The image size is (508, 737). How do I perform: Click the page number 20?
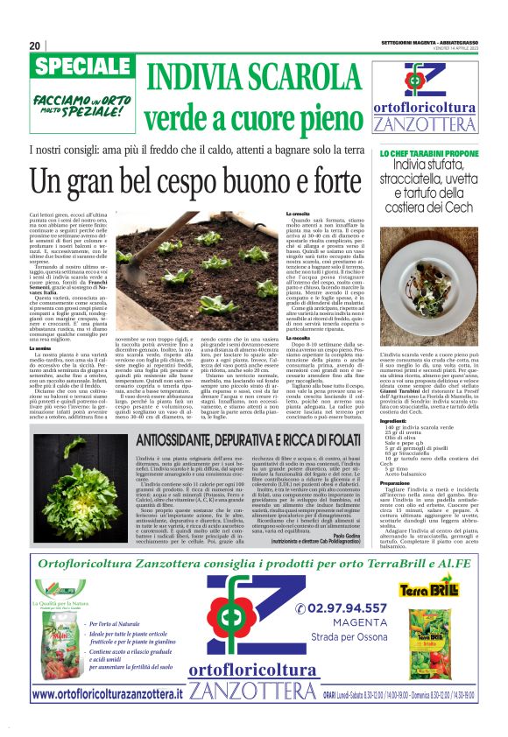tap(35, 46)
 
